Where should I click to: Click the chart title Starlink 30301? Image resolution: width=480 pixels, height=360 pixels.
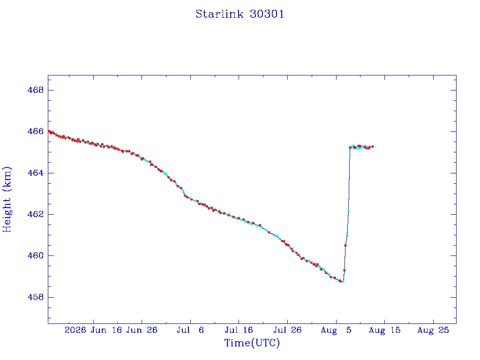[240, 14]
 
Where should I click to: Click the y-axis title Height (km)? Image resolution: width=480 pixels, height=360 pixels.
[7, 199]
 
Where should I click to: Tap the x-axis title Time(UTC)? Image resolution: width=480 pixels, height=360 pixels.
[252, 343]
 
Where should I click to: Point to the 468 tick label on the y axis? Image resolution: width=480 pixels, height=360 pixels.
[36, 90]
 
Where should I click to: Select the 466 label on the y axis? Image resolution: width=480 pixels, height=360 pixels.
[36, 131]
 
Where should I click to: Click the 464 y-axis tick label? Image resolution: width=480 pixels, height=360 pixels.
[36, 173]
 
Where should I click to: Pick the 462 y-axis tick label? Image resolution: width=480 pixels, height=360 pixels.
[36, 214]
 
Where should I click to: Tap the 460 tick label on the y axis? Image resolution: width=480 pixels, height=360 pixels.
[36, 255]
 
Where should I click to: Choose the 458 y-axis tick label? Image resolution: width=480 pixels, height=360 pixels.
[36, 297]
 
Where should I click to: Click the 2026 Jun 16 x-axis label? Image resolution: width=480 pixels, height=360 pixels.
[93, 330]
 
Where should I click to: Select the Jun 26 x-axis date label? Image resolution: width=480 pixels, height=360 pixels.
[142, 330]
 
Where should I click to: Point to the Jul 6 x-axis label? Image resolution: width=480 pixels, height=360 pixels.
[190, 330]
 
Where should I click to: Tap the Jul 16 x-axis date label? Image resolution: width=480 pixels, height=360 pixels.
[239, 330]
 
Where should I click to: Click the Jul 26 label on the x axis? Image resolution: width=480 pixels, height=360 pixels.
[287, 330]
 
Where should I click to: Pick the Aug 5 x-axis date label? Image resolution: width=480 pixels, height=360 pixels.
[336, 330]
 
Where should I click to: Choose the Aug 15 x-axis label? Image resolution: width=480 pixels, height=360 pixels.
[384, 330]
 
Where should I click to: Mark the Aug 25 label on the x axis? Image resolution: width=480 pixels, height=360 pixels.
[433, 330]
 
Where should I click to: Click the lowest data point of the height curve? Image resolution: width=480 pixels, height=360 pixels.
[343, 282]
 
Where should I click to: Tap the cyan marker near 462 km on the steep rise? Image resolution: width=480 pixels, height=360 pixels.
[348, 211]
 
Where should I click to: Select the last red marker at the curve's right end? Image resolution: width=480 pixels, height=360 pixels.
[373, 147]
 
